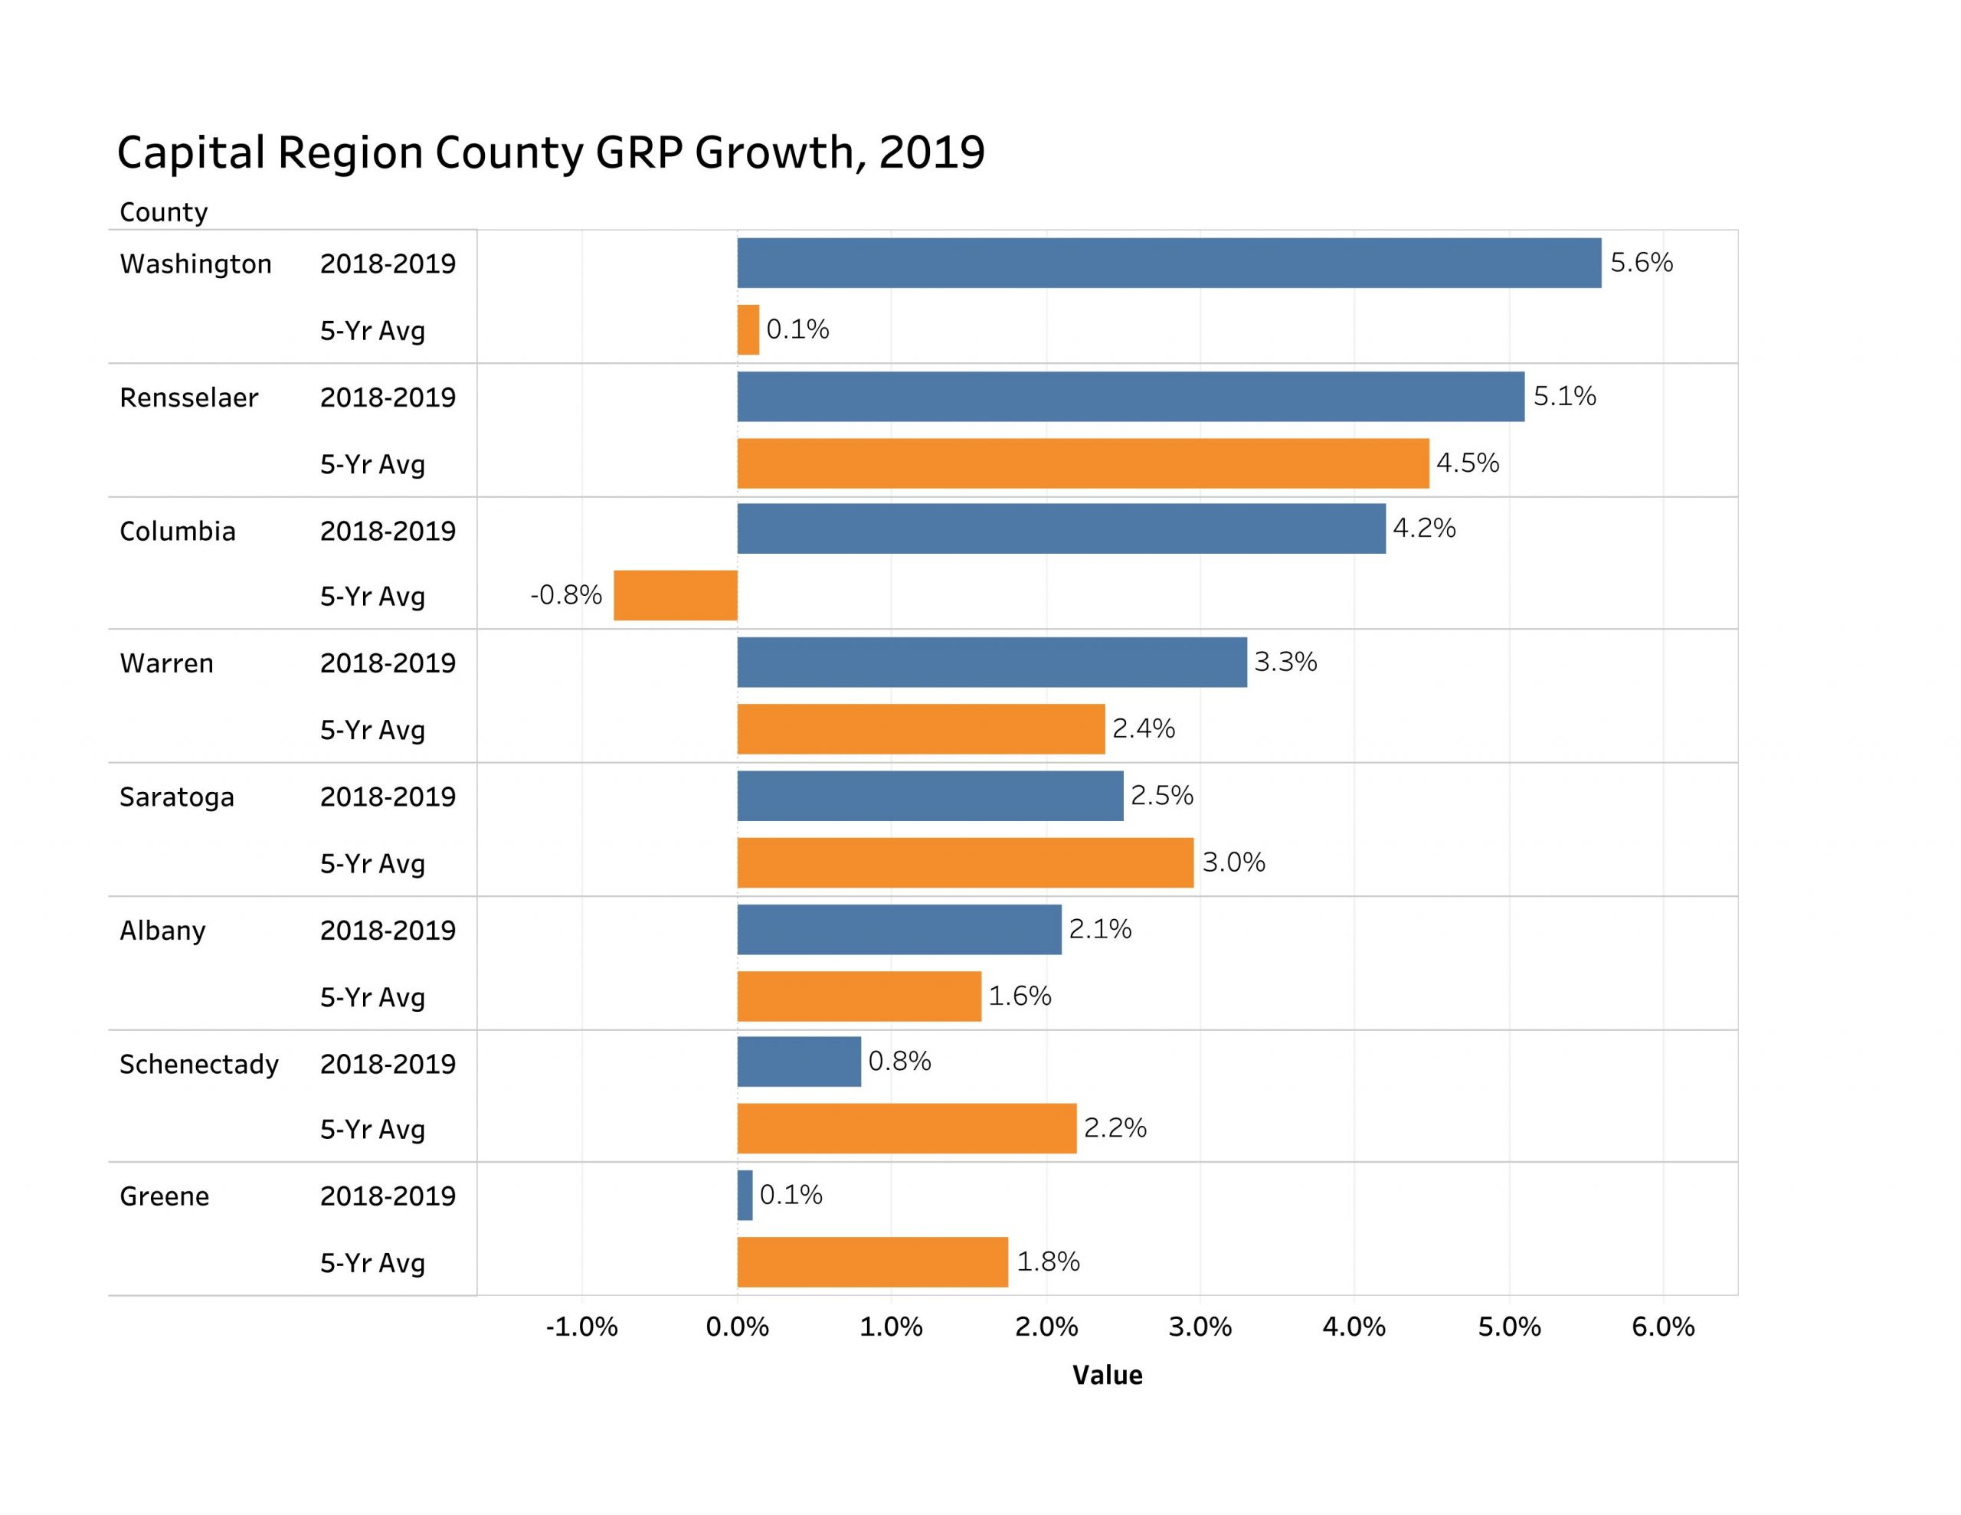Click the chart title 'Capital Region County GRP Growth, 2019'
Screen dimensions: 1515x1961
point(551,152)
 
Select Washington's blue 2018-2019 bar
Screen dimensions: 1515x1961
point(1168,263)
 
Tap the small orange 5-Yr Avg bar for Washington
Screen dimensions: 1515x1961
point(748,329)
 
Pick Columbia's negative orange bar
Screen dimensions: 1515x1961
point(675,595)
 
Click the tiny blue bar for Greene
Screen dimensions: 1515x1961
point(745,1196)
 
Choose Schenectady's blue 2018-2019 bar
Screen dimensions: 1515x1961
point(798,1062)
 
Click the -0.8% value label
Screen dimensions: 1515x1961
point(565,594)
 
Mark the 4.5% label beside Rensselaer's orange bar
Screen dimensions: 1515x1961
point(1467,463)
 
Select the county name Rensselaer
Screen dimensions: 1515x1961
point(188,398)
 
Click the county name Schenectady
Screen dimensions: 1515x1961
point(198,1064)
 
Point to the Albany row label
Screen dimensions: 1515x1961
point(162,931)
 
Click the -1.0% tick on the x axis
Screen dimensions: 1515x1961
point(582,1327)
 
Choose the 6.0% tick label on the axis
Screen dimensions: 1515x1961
point(1663,1327)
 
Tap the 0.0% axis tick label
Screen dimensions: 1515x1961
point(737,1327)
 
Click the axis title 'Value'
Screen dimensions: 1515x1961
point(1107,1376)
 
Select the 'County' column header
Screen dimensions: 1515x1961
point(163,213)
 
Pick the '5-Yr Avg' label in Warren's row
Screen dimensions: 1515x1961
point(372,730)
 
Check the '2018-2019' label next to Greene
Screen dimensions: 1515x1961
point(388,1196)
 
